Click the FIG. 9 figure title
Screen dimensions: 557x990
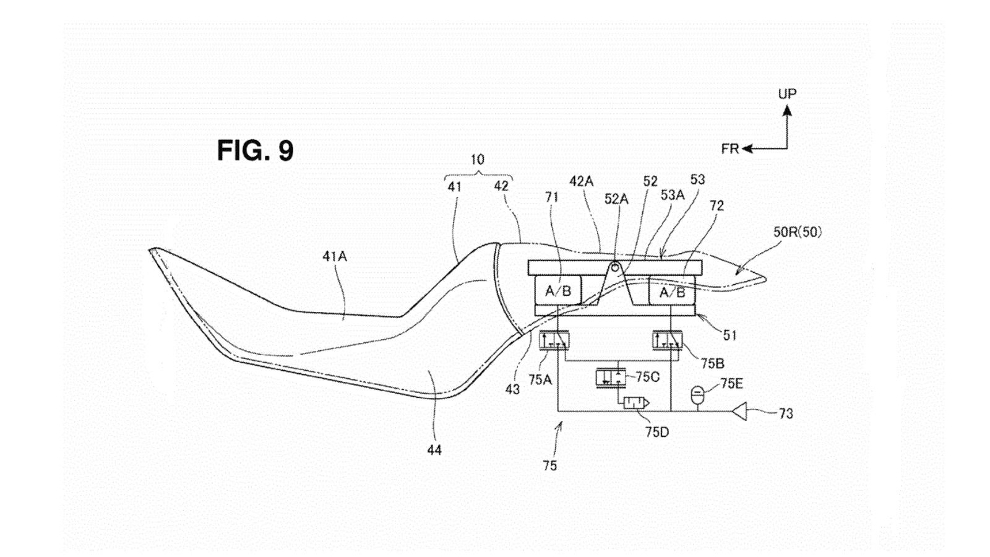(255, 150)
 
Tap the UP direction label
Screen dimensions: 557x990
(787, 94)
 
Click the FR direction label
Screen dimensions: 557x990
(730, 149)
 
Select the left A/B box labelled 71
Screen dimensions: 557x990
(557, 290)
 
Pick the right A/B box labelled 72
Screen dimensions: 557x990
(671, 291)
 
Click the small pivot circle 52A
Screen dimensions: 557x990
(614, 267)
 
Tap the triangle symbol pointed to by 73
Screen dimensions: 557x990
(740, 411)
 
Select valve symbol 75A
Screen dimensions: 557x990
(556, 340)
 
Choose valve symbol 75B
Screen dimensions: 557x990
(668, 340)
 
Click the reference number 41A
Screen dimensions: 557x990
(335, 256)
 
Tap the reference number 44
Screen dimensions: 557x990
(434, 450)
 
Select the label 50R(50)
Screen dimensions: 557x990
(798, 232)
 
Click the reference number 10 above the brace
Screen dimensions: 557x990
(477, 160)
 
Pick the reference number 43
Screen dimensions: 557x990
(512, 389)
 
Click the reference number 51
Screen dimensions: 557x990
(730, 335)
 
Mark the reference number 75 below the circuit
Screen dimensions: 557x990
(550, 465)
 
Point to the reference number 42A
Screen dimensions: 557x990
(582, 181)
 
